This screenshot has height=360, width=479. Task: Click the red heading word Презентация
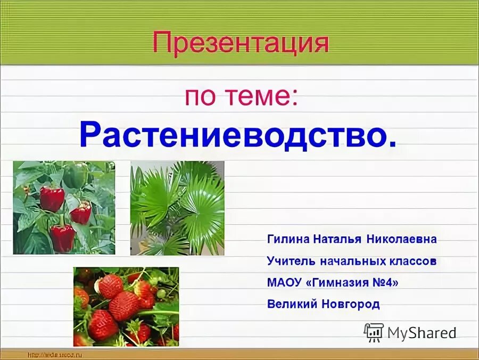[x=241, y=43]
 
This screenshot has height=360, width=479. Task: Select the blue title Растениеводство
[x=238, y=135]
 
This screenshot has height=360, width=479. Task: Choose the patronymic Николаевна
[x=401, y=239]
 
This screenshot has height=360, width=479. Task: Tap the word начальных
[x=352, y=261]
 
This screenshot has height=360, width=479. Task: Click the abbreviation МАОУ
[x=284, y=283]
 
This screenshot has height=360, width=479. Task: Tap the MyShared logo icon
[x=374, y=332]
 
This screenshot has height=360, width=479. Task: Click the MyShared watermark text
[x=422, y=333]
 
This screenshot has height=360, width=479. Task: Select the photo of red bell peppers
[x=64, y=207]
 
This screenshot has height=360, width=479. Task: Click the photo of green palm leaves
[x=177, y=208]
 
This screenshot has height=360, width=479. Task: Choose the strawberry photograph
[x=126, y=306]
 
